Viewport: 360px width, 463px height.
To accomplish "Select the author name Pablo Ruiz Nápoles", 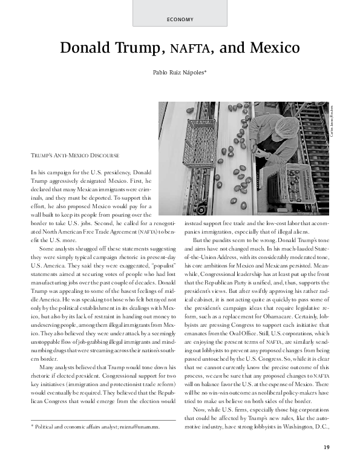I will click(180, 73).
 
